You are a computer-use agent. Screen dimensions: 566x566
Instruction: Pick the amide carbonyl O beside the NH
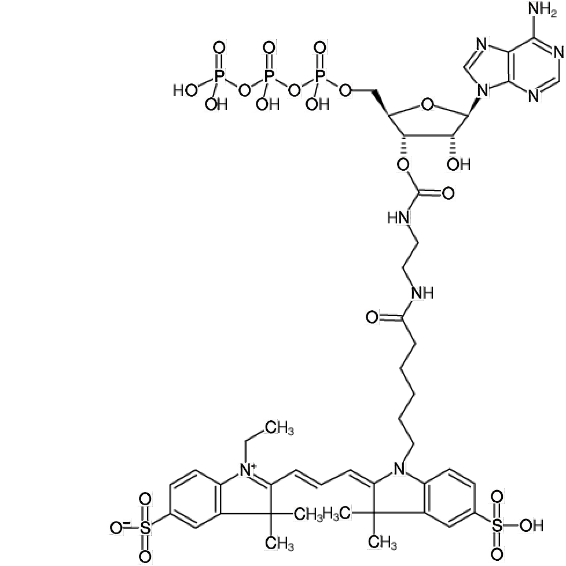(x=372, y=317)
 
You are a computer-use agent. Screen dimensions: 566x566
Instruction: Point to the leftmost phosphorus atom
(x=218, y=75)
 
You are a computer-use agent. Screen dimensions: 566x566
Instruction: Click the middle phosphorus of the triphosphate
(x=269, y=75)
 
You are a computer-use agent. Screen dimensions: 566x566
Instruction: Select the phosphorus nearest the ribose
(x=319, y=75)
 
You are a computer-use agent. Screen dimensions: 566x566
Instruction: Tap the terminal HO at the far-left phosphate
(x=185, y=90)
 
